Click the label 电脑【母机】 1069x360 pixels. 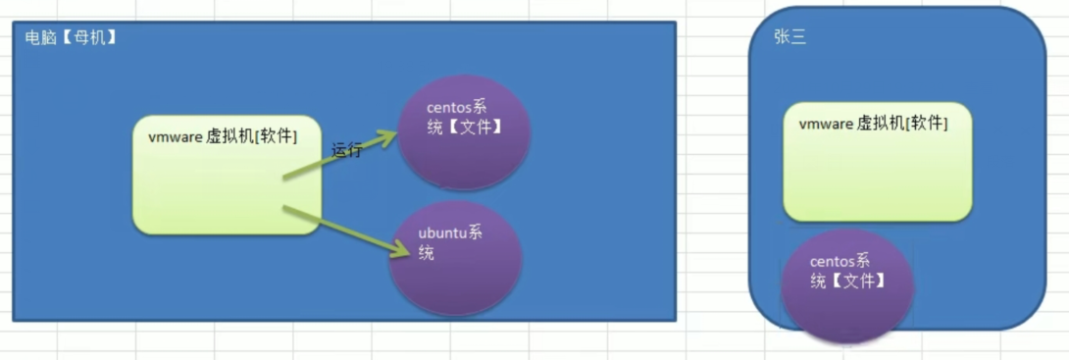71,39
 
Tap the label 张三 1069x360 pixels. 790,38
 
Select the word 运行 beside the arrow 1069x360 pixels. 347,150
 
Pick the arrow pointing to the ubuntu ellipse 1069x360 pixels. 339,231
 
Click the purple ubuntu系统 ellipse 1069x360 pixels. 456,258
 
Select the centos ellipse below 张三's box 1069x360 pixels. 846,285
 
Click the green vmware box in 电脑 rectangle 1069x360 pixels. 227,175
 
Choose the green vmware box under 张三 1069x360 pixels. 877,162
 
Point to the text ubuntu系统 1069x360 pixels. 450,243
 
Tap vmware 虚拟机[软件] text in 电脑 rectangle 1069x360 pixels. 223,136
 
